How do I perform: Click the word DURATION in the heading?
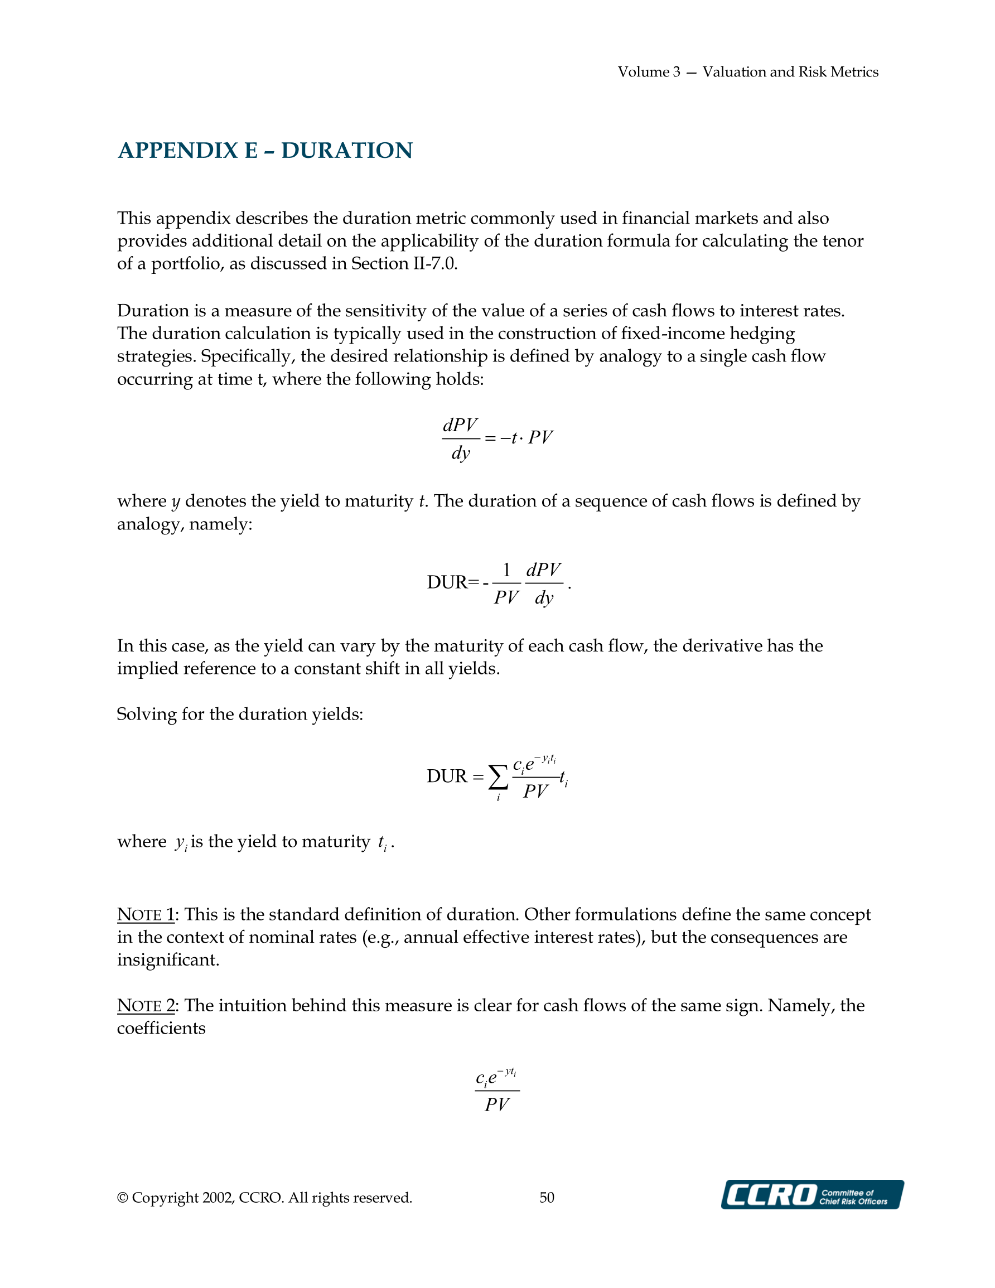point(347,151)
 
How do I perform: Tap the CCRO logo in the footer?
point(812,1194)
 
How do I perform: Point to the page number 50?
point(547,1197)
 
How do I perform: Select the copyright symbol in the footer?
point(123,1198)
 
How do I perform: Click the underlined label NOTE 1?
point(146,915)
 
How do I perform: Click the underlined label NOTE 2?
point(146,1006)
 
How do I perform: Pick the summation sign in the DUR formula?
point(499,777)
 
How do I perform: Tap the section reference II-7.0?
point(433,264)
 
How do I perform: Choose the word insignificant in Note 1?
point(167,960)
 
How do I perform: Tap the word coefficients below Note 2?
point(161,1029)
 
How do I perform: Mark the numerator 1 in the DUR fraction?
point(506,570)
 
